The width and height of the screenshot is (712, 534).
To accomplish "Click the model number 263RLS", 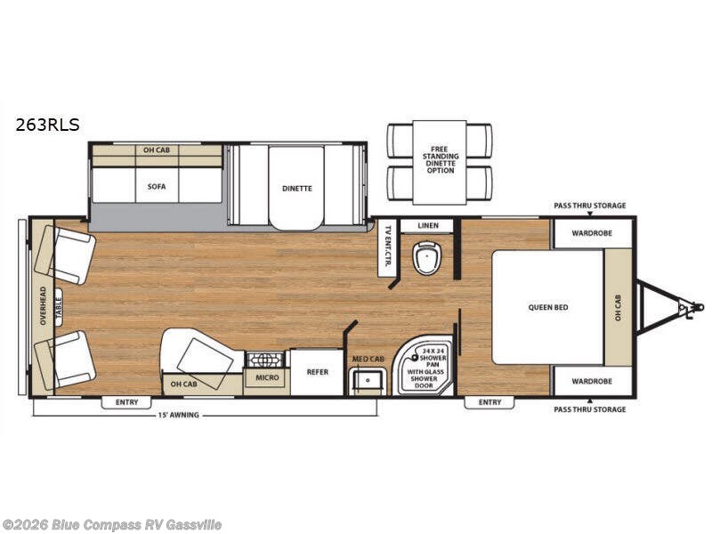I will click(47, 125).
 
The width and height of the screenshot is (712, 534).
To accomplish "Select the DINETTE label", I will click(296, 188).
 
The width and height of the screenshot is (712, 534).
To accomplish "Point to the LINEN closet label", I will click(427, 227).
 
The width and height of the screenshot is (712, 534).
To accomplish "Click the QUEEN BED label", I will click(547, 307).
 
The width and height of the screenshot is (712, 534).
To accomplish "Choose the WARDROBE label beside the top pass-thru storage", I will click(592, 234).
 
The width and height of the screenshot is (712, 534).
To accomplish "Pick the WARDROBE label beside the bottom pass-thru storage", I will click(592, 381).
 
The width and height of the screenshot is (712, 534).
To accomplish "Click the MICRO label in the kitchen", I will click(267, 378).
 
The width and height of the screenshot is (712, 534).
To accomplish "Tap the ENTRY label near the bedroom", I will click(489, 402).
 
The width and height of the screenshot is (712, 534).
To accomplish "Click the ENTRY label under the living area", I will click(126, 402).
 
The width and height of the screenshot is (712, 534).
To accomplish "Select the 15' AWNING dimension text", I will click(179, 415).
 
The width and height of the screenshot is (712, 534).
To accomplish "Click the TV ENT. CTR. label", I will click(387, 247).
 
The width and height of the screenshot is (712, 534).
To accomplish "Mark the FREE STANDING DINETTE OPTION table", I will click(439, 161).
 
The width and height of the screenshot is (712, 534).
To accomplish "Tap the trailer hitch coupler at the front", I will click(686, 308).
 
